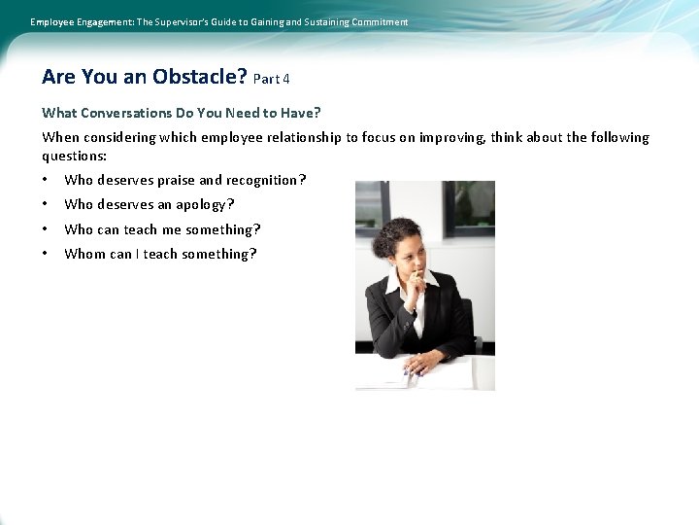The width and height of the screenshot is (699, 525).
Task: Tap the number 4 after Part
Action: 286,79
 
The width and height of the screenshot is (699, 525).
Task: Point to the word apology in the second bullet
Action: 201,204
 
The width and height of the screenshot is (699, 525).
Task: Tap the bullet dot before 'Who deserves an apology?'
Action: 46,204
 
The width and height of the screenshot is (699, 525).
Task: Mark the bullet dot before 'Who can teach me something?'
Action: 46,229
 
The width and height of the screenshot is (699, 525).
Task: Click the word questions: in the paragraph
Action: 74,156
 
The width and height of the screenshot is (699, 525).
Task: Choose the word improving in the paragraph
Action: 454,137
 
